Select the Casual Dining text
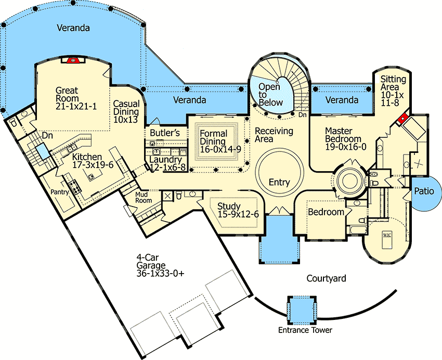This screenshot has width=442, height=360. click(126, 111)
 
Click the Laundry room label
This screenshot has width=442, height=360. click(165, 163)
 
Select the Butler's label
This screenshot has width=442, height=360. click(165, 133)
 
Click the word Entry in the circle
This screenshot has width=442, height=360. click(279, 182)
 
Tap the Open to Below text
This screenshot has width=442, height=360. click(270, 94)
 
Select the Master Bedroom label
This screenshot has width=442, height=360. click(343, 139)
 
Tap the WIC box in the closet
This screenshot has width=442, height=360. click(387, 235)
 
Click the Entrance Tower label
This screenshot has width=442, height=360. click(305, 330)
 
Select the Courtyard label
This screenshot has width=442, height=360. click(326, 279)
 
